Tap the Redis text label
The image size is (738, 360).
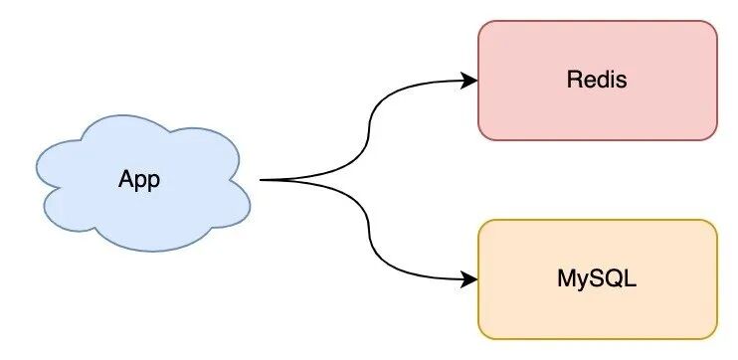(x=597, y=80)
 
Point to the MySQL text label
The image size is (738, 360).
(x=597, y=279)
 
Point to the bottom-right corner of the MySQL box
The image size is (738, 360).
(x=714, y=336)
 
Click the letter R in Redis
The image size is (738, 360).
(x=573, y=80)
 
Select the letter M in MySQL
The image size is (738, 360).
(x=565, y=279)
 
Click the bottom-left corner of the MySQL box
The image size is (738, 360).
(x=481, y=336)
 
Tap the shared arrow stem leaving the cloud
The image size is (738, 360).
(x=283, y=180)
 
